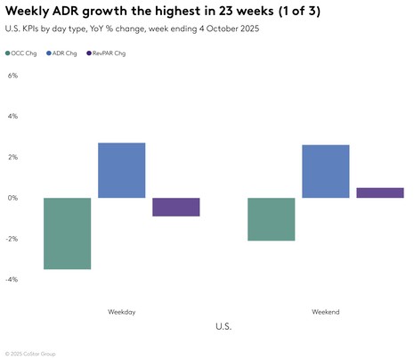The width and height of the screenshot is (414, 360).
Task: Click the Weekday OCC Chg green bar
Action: click(68, 233)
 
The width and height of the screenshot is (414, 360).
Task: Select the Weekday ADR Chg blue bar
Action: click(121, 170)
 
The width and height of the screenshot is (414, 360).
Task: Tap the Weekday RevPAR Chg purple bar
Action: click(175, 207)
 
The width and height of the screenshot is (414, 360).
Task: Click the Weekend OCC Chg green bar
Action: click(272, 219)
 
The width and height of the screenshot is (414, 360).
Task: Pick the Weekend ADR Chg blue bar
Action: click(326, 171)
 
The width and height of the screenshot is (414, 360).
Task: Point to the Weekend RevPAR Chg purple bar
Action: click(380, 192)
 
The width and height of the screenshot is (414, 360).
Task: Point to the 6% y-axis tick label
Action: click(12, 76)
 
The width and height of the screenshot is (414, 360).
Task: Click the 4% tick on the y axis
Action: click(12, 116)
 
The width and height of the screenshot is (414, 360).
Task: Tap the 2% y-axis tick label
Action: click(12, 157)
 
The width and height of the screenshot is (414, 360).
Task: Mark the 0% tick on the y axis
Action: click(12, 198)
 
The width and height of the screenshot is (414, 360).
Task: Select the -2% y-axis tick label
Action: click(12, 239)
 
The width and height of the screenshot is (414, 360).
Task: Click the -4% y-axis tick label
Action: click(12, 279)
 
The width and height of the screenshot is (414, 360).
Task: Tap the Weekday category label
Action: click(121, 312)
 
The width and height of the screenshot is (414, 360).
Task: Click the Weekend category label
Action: click(325, 312)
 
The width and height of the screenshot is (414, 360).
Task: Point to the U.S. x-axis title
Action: click(223, 327)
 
